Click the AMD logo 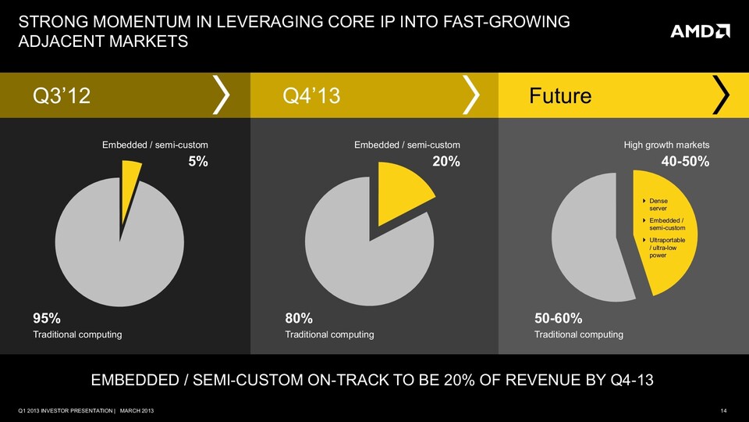coord(700,31)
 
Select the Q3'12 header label coord(62,96)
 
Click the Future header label coord(560,96)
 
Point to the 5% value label coord(197,162)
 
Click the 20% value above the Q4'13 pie coord(446,162)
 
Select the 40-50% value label coord(684,162)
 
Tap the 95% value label coord(46,318)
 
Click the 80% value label coord(299,318)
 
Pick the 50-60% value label coord(559,318)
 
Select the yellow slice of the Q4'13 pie coord(401,191)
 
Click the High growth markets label coord(666,145)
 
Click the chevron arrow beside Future coord(722,95)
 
